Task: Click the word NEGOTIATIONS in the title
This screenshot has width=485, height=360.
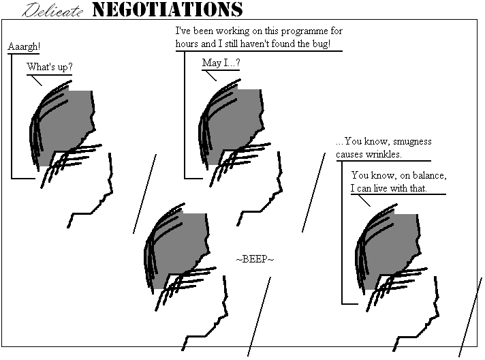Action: coord(168,10)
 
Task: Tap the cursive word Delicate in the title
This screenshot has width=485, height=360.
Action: coord(52,10)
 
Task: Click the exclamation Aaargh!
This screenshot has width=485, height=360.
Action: coord(24,46)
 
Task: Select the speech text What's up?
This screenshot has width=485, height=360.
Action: coord(50,67)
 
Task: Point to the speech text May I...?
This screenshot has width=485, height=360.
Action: coord(221,63)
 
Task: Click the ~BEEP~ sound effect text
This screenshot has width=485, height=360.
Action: coord(255,259)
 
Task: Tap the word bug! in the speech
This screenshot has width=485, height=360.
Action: coord(322,44)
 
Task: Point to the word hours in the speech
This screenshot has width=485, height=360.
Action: coord(187,44)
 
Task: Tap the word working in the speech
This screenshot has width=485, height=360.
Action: coord(232,31)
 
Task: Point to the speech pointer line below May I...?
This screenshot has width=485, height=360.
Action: coord(211,76)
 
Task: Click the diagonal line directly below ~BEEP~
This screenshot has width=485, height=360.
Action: coord(260,316)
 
